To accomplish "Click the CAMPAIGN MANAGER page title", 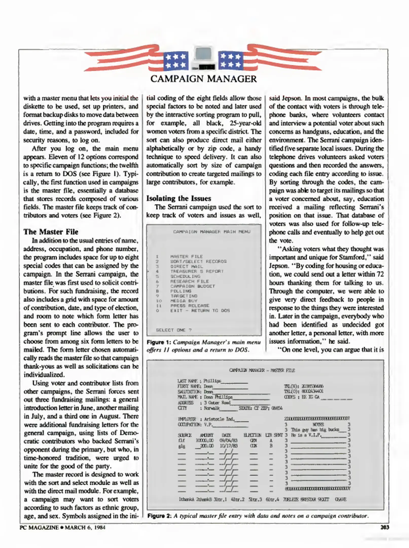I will pyautogui.click(x=204, y=79).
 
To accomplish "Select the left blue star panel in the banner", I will pyautogui.click(x=176, y=61).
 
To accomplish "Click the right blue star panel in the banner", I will pyautogui.click(x=230, y=61).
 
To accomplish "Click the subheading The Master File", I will pyautogui.click(x=51, y=232).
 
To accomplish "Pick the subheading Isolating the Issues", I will pyautogui.click(x=179, y=198).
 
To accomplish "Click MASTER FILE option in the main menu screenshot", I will pyautogui.click(x=186, y=256).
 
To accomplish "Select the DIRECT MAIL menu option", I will pyautogui.click(x=186, y=266).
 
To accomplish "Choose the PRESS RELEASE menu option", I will pyautogui.click(x=190, y=306).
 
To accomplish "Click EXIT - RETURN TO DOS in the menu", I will pyautogui.click(x=200, y=311).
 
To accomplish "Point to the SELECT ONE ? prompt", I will pyautogui.click(x=174, y=330).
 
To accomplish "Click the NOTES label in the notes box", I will pyautogui.click(x=318, y=424).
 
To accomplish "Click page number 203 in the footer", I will pyautogui.click(x=384, y=527).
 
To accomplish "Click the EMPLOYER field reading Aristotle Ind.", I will pyautogui.click(x=213, y=419).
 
